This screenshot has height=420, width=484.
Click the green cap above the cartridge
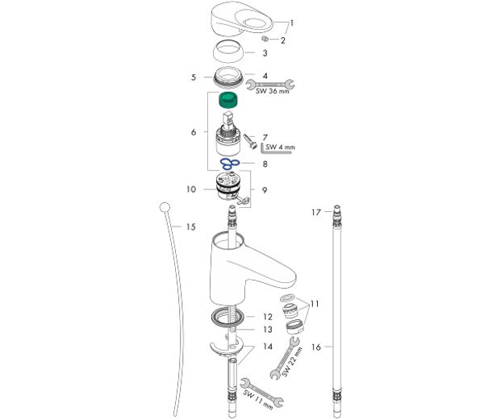228,100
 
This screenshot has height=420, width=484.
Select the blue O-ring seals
230,164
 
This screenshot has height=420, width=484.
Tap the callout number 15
190,227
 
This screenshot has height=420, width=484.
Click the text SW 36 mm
273,91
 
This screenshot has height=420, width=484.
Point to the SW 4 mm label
280,147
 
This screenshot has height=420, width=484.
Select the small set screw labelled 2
265,39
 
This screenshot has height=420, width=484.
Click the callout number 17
316,212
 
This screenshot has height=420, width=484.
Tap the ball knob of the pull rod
165,207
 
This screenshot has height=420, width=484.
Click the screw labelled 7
250,141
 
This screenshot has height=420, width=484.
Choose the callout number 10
191,189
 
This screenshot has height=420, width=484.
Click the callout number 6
194,132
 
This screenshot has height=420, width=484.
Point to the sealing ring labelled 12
228,316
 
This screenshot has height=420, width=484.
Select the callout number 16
316,347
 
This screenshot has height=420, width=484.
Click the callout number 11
315,304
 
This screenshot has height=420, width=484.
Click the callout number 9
265,190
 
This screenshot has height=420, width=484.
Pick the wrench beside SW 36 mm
270,84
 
